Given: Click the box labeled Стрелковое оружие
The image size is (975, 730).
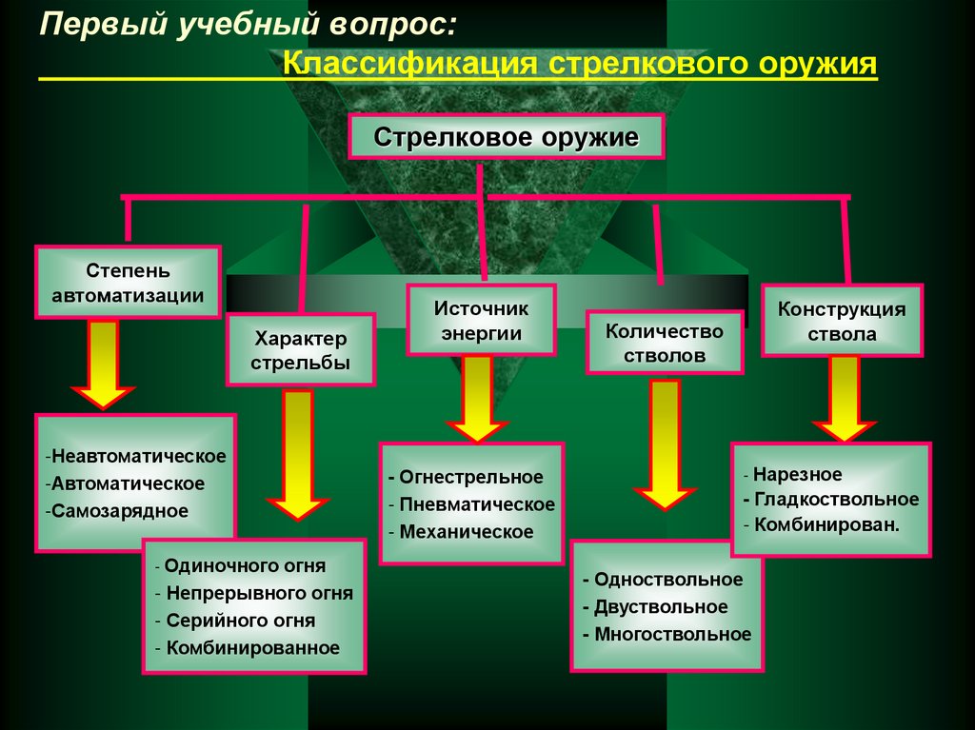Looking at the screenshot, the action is (505, 137).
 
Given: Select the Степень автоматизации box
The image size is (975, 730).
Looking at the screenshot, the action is (128, 283).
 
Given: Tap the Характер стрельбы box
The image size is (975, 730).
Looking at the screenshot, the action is (301, 350).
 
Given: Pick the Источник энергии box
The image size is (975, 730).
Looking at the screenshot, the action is (481, 321).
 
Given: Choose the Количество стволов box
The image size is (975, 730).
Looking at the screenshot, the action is (665, 344).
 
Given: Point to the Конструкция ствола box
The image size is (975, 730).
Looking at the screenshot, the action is (842, 322).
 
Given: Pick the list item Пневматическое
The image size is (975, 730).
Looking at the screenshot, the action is (476, 504).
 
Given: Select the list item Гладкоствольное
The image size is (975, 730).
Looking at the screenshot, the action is (836, 500).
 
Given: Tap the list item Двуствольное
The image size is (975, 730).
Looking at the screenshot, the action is (660, 607).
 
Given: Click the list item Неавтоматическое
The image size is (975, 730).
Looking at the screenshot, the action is (139, 456).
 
